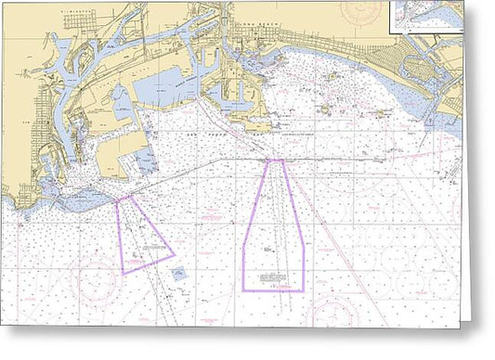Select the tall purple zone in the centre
tap(274, 232)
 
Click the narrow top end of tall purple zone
tap(275, 164)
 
